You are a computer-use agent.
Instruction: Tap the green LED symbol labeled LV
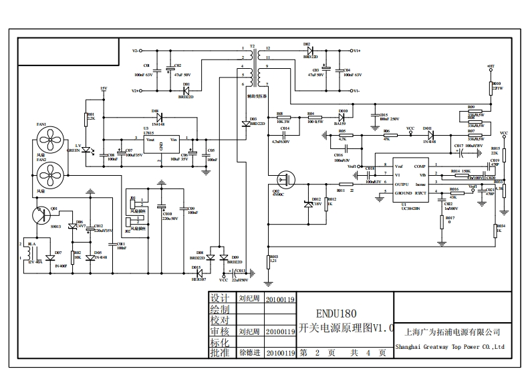(86, 150)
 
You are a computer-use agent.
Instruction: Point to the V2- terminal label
(135, 51)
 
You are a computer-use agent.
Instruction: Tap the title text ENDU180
(337, 313)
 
